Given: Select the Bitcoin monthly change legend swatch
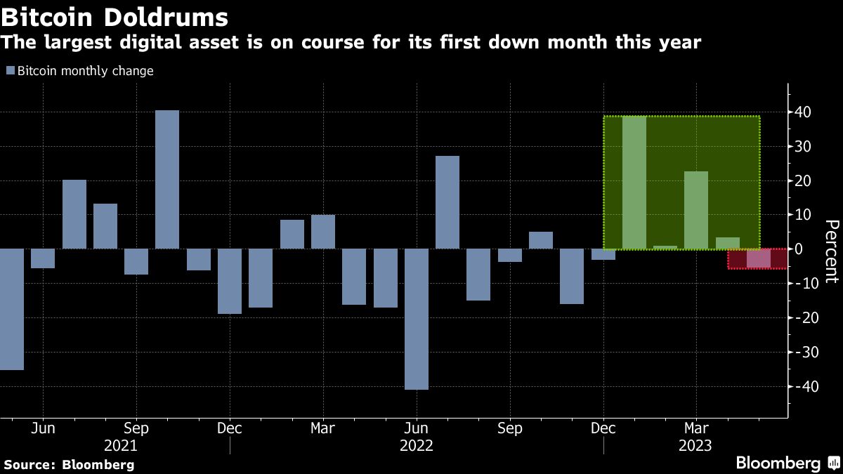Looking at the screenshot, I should click(x=10, y=71).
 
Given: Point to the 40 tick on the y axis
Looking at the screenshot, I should click(x=803, y=112).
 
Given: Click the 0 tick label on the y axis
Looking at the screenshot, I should click(x=807, y=249).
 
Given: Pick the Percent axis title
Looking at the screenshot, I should click(x=831, y=251).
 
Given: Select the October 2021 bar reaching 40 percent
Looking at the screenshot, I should click(x=167, y=179).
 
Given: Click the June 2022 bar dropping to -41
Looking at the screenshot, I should click(x=417, y=319).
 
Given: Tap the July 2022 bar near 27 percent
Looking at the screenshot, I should click(x=447, y=202).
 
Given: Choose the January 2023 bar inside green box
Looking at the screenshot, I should click(x=634, y=183).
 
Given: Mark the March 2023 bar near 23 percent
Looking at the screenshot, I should click(x=696, y=210).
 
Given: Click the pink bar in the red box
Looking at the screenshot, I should click(x=758, y=258).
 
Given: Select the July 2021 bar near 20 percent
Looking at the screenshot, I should click(x=74, y=214).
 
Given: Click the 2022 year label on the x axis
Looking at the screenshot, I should click(x=417, y=446).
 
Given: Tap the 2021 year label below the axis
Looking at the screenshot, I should click(x=121, y=446).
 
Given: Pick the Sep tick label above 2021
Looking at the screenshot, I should click(x=136, y=428).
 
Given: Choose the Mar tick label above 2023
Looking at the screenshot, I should click(x=696, y=428).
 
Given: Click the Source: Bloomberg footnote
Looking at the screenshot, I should click(x=69, y=465).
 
